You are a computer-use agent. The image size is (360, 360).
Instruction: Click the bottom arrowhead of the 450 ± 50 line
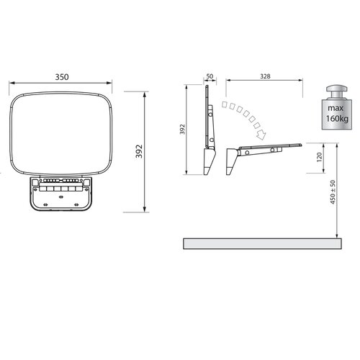pos(336,237)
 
